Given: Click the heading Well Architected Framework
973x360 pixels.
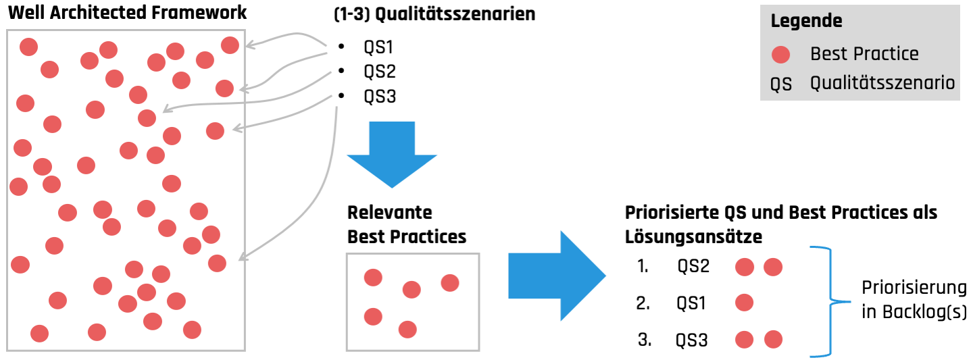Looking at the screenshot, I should [127, 12].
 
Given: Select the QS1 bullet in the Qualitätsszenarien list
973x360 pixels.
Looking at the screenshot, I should [378, 48].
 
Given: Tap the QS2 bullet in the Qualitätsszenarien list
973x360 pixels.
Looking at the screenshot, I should [379, 72].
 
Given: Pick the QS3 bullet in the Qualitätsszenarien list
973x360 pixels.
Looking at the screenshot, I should [379, 96].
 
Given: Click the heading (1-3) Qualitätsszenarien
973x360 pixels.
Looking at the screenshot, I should [434, 14].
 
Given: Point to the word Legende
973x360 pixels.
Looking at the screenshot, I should [806, 21].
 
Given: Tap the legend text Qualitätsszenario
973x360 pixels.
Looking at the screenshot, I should [882, 83].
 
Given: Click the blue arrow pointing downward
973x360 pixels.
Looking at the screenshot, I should [391, 155].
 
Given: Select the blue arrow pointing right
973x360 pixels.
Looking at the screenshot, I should [556, 276].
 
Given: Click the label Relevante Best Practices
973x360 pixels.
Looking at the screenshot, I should [407, 225].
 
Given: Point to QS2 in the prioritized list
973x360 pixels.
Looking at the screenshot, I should [693, 266].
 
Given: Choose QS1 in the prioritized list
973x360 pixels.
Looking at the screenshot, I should [691, 303].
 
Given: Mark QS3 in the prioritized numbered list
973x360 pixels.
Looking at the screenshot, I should [692, 340].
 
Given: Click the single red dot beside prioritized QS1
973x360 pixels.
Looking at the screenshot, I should [744, 303].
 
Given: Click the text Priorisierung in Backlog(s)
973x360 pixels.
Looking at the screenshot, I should [914, 300].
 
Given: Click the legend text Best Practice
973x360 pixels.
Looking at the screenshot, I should [864, 54].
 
